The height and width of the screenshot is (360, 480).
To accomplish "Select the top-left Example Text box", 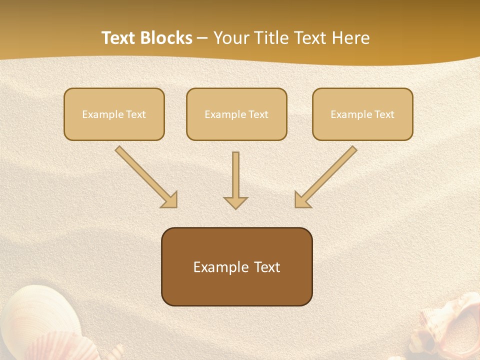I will tap(114, 114).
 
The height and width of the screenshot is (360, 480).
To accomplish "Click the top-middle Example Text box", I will tap(236, 114).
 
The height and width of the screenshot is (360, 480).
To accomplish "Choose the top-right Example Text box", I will tap(362, 114).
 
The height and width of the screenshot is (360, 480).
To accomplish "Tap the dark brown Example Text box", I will tap(237, 266).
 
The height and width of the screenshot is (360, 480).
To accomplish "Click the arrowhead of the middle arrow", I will tap(235, 202).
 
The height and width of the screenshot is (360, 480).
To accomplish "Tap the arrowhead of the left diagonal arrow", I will tap(169, 199).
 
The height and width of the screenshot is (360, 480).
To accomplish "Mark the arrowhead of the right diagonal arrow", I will tap(302, 199).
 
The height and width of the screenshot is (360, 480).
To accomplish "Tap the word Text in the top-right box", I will tap(384, 114).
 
